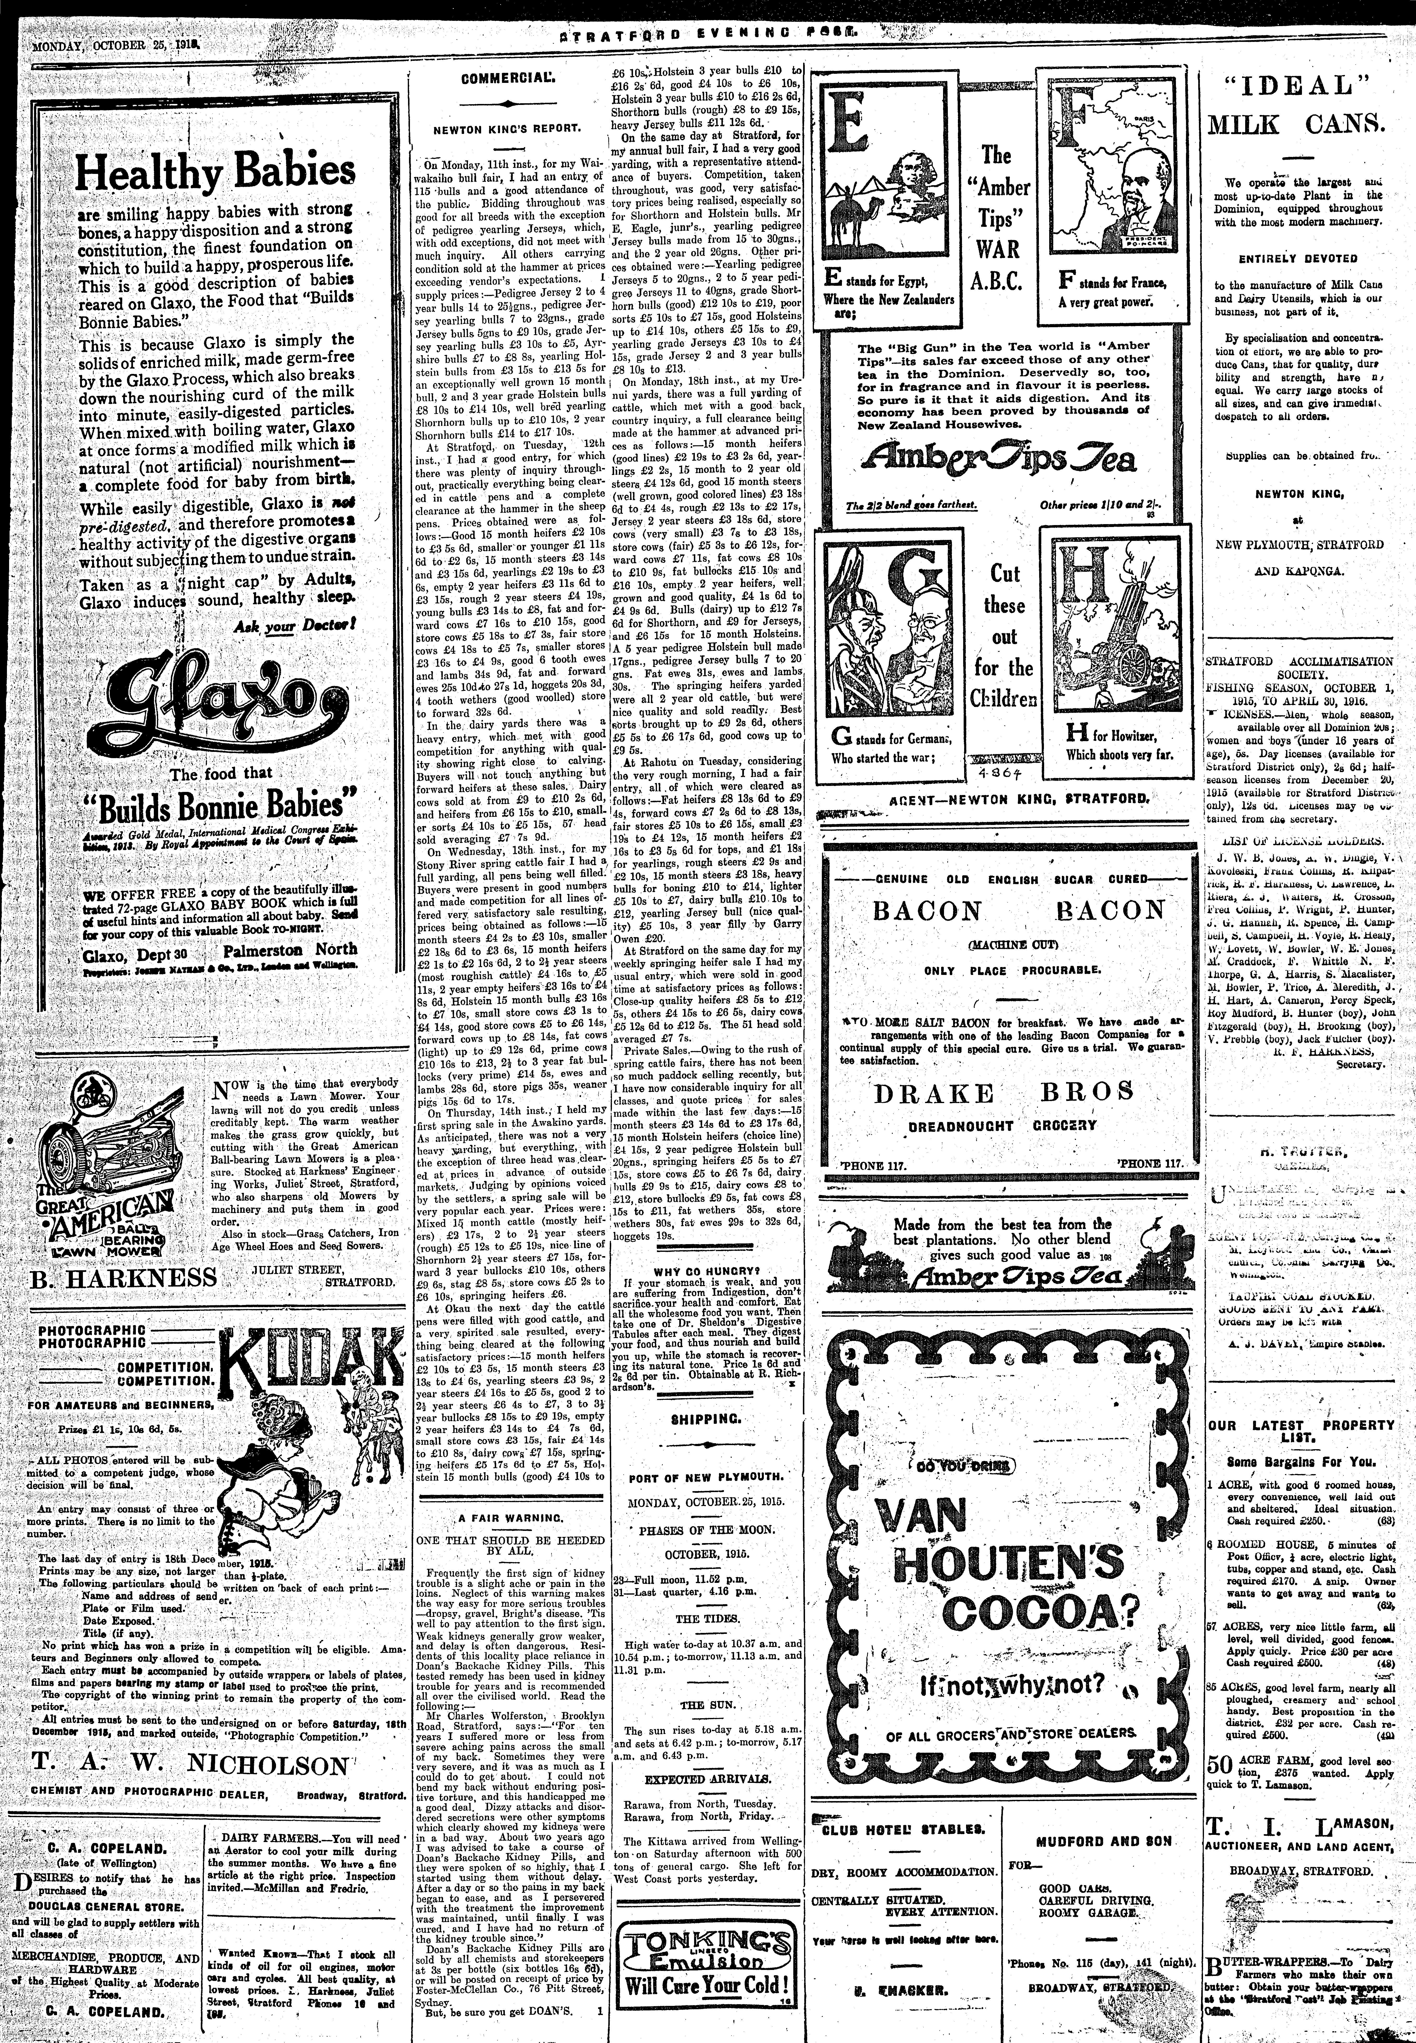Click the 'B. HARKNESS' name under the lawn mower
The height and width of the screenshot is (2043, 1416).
tap(123, 1276)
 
